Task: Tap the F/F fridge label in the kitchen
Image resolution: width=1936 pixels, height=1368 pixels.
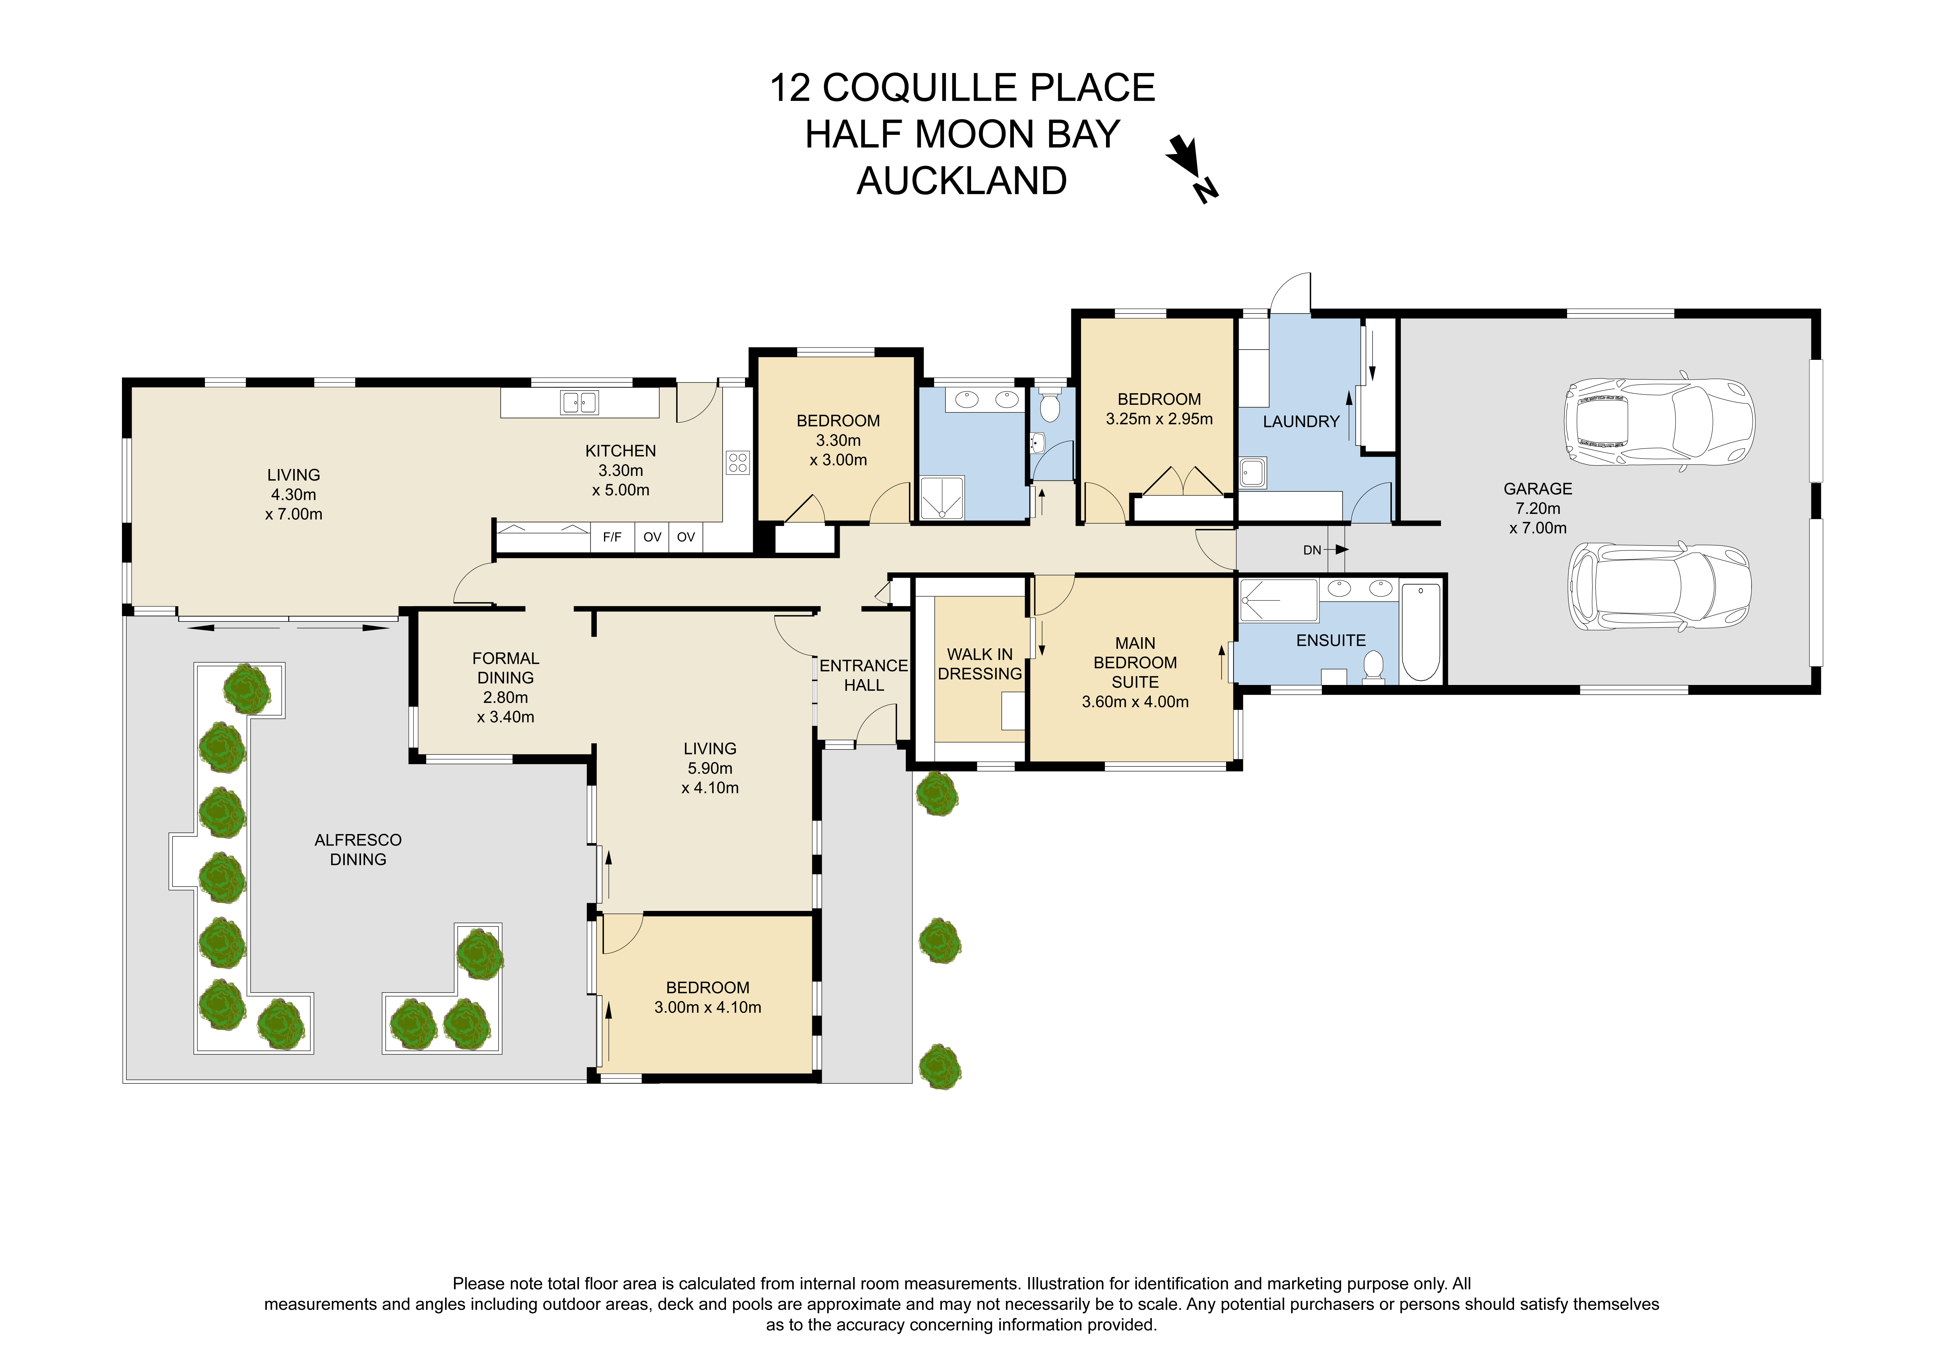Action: click(x=612, y=537)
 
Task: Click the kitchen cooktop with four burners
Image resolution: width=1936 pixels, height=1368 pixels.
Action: click(x=738, y=462)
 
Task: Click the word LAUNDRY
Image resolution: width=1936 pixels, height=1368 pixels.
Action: click(x=1301, y=421)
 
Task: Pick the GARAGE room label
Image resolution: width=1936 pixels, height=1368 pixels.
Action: click(x=1538, y=489)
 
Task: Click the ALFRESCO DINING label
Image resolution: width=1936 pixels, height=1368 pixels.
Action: click(x=358, y=850)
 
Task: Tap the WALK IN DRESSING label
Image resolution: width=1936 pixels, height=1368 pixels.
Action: click(x=980, y=664)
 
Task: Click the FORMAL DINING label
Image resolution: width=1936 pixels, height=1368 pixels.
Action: click(x=506, y=667)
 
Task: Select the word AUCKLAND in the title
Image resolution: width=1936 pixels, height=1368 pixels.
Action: click(x=962, y=181)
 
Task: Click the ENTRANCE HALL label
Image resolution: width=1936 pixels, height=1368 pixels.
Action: click(x=864, y=676)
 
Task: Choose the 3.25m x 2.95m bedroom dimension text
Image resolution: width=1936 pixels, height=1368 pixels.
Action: click(x=1160, y=419)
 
